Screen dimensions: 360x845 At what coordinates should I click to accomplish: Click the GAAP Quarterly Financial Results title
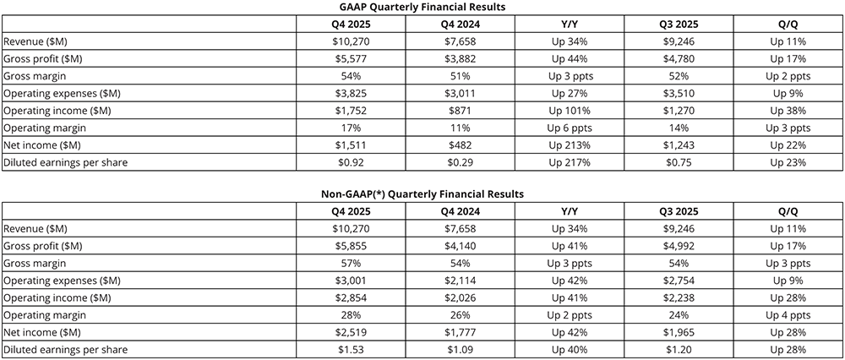point(422,7)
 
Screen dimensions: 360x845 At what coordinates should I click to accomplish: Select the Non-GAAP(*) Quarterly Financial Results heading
point(422,194)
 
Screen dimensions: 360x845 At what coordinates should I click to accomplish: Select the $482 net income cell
point(461,145)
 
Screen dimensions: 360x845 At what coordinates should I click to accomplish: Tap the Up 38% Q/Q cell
point(788,110)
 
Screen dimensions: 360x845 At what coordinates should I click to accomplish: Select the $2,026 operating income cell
point(461,297)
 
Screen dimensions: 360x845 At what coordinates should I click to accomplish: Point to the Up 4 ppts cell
point(788,314)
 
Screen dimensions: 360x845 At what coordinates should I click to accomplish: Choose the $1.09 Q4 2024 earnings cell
point(461,349)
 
